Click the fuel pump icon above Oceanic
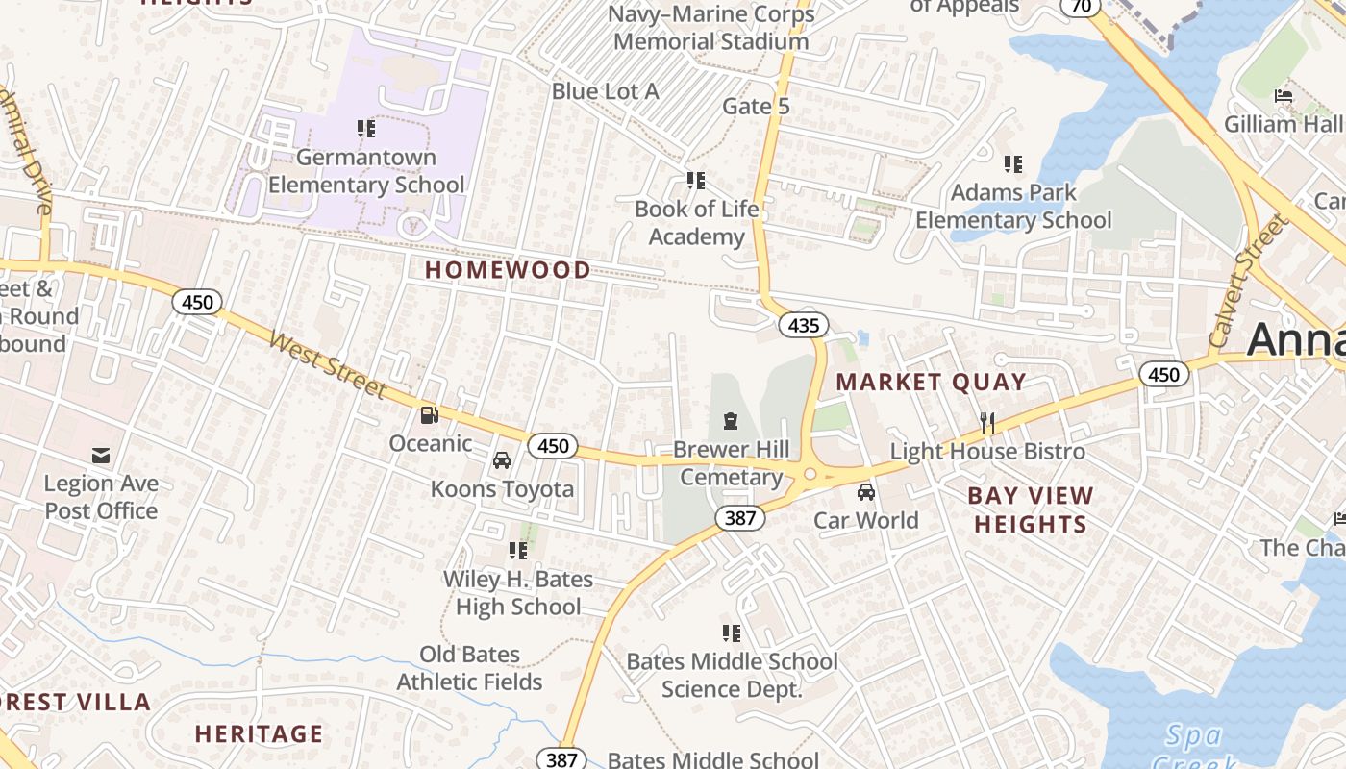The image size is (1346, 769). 430,415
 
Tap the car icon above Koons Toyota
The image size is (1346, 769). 502,460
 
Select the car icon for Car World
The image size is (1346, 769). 866,492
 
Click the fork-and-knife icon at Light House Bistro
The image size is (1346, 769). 986,422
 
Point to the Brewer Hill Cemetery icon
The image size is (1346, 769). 731,421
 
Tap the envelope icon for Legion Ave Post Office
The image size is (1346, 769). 101,455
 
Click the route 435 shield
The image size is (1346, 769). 803,325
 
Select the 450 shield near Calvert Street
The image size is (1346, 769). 1164,374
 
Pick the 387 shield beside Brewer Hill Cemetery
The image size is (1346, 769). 739,518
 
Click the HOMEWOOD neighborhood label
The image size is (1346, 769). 508,270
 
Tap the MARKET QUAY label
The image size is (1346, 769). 931,382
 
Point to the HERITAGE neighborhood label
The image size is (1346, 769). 259,733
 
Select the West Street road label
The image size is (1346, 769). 327,364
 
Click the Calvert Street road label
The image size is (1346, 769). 1247,282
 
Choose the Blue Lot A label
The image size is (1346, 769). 605,91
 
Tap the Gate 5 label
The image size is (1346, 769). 756,106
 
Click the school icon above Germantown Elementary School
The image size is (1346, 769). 365,128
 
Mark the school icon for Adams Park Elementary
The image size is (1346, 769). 1013,164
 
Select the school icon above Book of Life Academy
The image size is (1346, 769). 696,181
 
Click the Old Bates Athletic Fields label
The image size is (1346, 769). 470,668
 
